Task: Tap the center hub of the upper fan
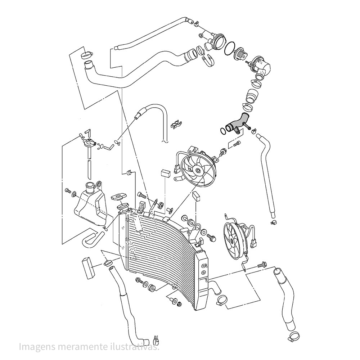point(198,170)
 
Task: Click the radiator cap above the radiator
point(119,197)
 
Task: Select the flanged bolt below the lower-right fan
point(262,265)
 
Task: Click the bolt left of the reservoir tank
point(68,190)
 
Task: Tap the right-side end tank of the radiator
point(202,281)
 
